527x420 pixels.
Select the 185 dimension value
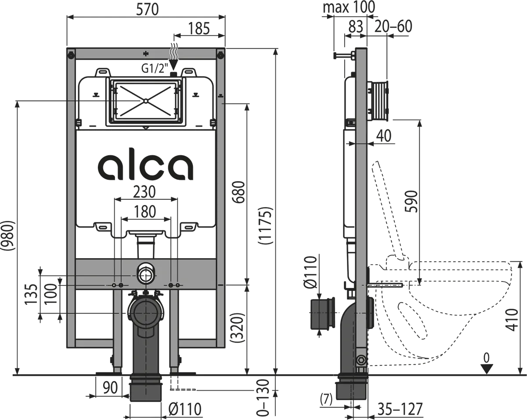pyautogui.click(x=199, y=29)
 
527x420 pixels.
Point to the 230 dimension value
pyautogui.click(x=145, y=192)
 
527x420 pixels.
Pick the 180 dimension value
pyautogui.click(x=145, y=212)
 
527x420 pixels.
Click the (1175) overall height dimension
pyautogui.click(x=266, y=226)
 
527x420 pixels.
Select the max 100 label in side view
pyautogui.click(x=349, y=7)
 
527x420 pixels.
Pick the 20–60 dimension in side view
pyautogui.click(x=393, y=26)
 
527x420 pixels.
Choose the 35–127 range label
pyautogui.click(x=401, y=409)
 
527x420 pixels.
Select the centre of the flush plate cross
pyautogui.click(x=145, y=102)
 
